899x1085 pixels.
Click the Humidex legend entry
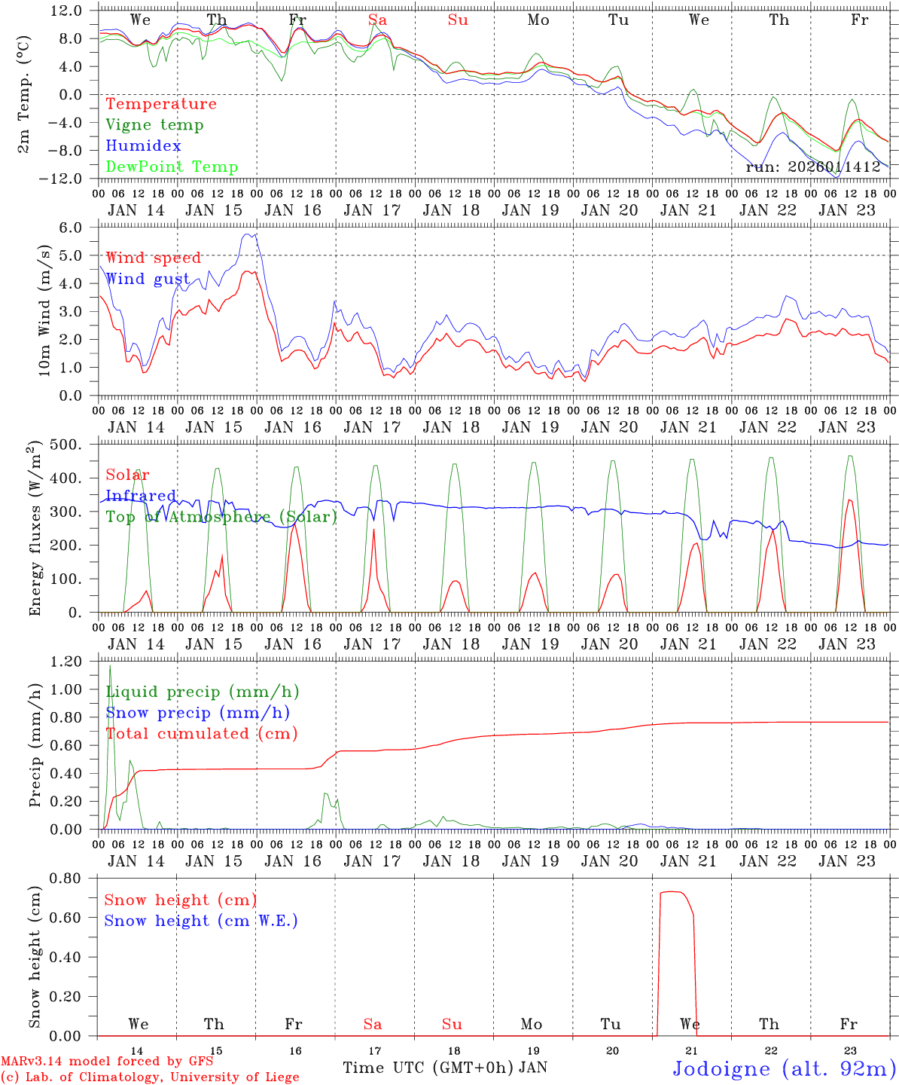pos(143,146)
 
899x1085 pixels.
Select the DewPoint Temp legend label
pos(172,167)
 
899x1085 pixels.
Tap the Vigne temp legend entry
pos(154,125)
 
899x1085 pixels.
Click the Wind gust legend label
pos(148,279)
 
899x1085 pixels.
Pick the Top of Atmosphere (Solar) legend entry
pos(221,517)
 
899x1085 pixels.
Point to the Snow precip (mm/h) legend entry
pos(197,713)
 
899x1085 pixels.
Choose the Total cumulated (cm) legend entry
pos(201,734)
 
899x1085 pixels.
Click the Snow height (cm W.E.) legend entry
pos(200,921)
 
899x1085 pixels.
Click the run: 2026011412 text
pos(813,167)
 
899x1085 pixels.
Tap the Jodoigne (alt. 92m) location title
pos(784,1068)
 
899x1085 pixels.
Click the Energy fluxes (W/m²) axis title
pos(34,530)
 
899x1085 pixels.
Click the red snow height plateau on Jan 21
pos(674,892)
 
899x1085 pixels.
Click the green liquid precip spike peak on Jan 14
pos(110,665)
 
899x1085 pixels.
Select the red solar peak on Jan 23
pos(849,500)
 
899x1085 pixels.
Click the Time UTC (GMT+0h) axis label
pos(428,1068)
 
